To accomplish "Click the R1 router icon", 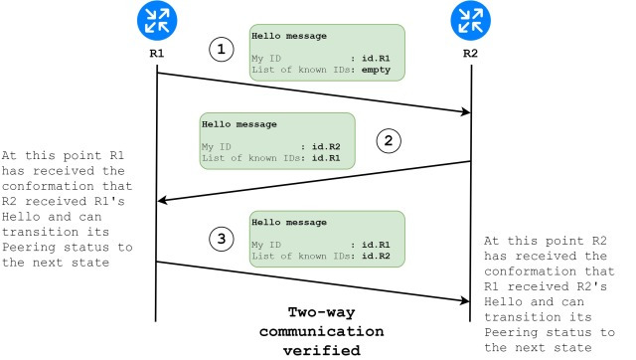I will coord(156,20).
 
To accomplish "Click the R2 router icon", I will coord(470,20).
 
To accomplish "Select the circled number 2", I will coord(391,140).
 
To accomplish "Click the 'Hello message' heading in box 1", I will coord(289,36).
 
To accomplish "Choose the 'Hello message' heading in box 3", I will coord(289,222).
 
